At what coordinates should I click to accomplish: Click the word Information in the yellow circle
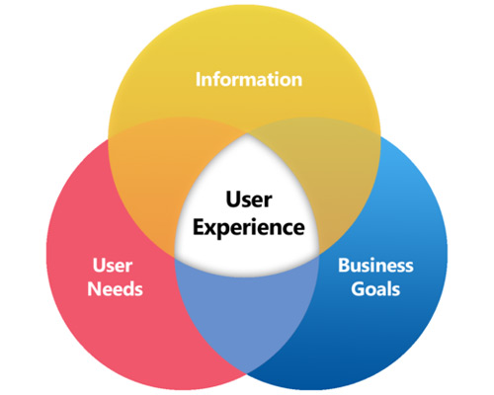[249, 80]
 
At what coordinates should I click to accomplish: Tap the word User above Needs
[113, 266]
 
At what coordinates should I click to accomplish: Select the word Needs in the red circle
[115, 289]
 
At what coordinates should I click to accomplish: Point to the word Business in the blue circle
[375, 266]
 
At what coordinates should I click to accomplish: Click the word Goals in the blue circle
[375, 289]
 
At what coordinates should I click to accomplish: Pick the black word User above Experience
[249, 199]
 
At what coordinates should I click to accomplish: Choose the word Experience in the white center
[249, 228]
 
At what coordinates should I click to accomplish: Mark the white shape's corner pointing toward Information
[247, 133]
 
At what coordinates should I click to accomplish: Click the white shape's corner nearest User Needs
[175, 257]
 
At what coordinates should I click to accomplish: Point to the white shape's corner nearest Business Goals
[319, 254]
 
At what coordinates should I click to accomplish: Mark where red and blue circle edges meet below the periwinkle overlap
[247, 373]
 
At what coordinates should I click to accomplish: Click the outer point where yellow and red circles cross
[109, 140]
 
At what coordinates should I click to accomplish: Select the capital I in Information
[198, 80]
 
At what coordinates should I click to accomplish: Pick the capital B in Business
[344, 266]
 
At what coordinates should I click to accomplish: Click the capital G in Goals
[357, 289]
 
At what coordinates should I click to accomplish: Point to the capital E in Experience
[199, 227]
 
